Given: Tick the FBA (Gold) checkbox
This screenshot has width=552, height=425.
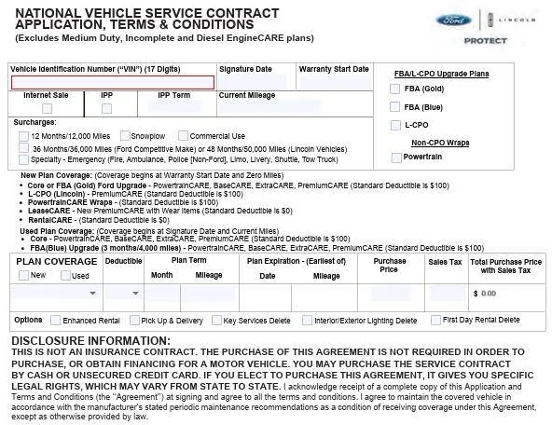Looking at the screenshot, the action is [x=395, y=89].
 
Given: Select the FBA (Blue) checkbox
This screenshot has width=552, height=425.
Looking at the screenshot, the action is [x=395, y=106].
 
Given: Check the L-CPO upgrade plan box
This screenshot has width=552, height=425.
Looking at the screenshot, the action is [x=395, y=124].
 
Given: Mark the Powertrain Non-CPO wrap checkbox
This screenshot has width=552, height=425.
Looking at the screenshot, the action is [x=395, y=158].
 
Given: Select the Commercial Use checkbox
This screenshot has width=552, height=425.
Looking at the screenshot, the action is [x=183, y=136].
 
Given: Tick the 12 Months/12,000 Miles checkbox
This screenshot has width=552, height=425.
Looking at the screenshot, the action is [x=23, y=136].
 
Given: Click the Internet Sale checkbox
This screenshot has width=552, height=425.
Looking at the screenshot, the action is [x=46, y=108].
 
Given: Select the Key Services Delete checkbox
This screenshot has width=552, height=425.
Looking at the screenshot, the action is [x=216, y=321].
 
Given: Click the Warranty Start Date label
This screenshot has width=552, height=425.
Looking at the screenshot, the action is [x=334, y=69].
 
